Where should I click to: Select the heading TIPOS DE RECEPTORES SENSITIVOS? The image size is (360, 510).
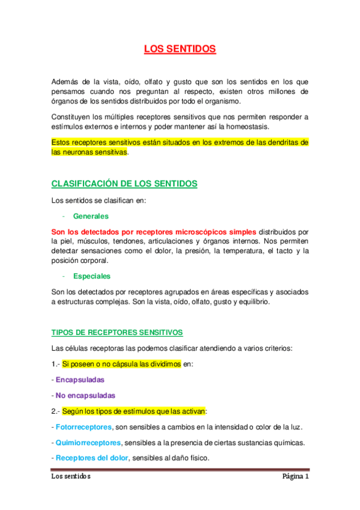[117, 332]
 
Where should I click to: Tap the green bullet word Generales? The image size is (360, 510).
[91, 216]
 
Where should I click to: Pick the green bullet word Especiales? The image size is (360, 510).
[92, 276]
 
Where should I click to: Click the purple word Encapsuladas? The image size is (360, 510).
[80, 380]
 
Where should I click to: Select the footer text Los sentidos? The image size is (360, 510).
[71, 477]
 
